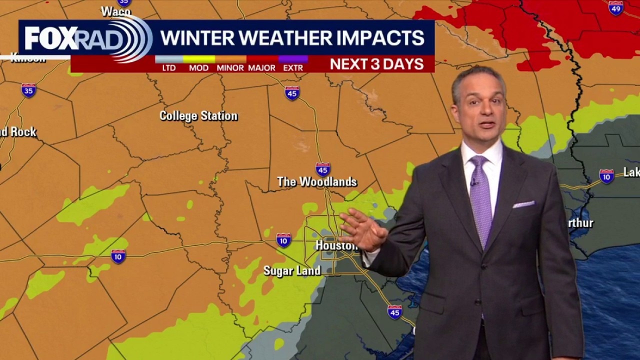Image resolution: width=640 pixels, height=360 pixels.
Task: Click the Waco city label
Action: click(x=115, y=11)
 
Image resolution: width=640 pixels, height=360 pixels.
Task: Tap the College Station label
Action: click(x=198, y=116)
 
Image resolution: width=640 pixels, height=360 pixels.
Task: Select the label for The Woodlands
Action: click(x=317, y=182)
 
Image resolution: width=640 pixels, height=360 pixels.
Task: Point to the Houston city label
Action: click(x=336, y=245)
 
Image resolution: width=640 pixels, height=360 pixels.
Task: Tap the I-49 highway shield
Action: click(x=616, y=7)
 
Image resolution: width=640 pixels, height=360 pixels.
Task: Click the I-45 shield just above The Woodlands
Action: click(x=323, y=169)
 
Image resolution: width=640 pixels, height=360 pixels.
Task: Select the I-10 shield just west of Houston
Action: click(x=283, y=240)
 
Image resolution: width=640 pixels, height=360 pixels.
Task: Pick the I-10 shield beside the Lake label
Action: click(x=606, y=176)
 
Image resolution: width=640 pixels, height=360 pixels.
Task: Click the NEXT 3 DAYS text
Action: click(x=376, y=64)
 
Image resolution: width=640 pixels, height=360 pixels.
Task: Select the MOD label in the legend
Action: click(x=198, y=68)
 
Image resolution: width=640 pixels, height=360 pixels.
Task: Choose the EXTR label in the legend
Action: click(x=293, y=68)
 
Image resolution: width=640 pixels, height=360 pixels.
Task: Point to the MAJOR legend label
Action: click(x=261, y=68)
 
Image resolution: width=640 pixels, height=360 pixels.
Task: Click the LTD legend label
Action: click(x=169, y=68)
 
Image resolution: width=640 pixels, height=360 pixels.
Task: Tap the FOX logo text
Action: click(x=50, y=38)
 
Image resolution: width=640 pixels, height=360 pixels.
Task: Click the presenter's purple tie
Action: click(x=480, y=200)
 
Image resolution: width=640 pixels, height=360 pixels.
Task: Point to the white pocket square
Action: click(x=523, y=204)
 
